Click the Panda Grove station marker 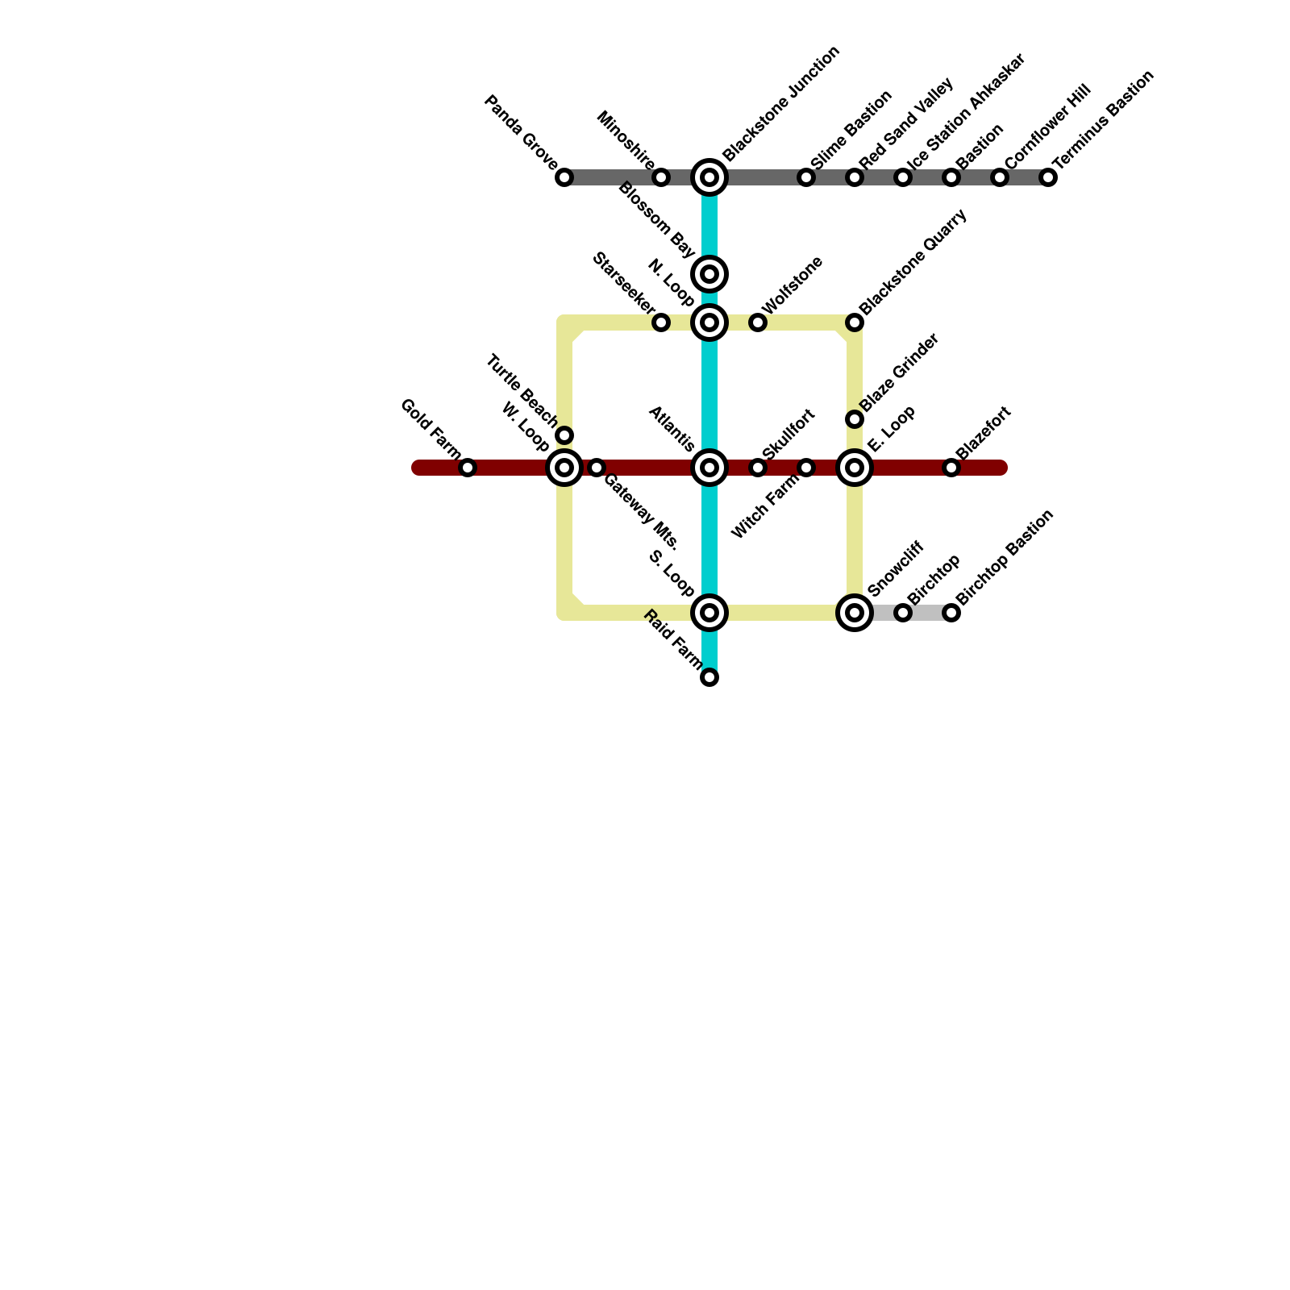(x=564, y=177)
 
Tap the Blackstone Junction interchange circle (x=709, y=177)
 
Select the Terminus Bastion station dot (x=1048, y=177)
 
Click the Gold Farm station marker (x=468, y=468)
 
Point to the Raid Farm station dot (x=709, y=677)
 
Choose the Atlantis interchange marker (x=709, y=468)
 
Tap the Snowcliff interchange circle (x=855, y=613)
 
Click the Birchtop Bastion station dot (x=951, y=613)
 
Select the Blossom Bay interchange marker (x=709, y=274)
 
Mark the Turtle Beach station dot (x=564, y=435)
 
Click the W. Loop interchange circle (x=564, y=468)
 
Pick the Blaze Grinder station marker (x=855, y=419)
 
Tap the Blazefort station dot (x=951, y=468)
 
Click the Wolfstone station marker (x=758, y=322)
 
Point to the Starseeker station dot (x=661, y=322)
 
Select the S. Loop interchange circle (x=709, y=613)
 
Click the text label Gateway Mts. (x=642, y=511)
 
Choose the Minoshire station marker (x=661, y=177)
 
